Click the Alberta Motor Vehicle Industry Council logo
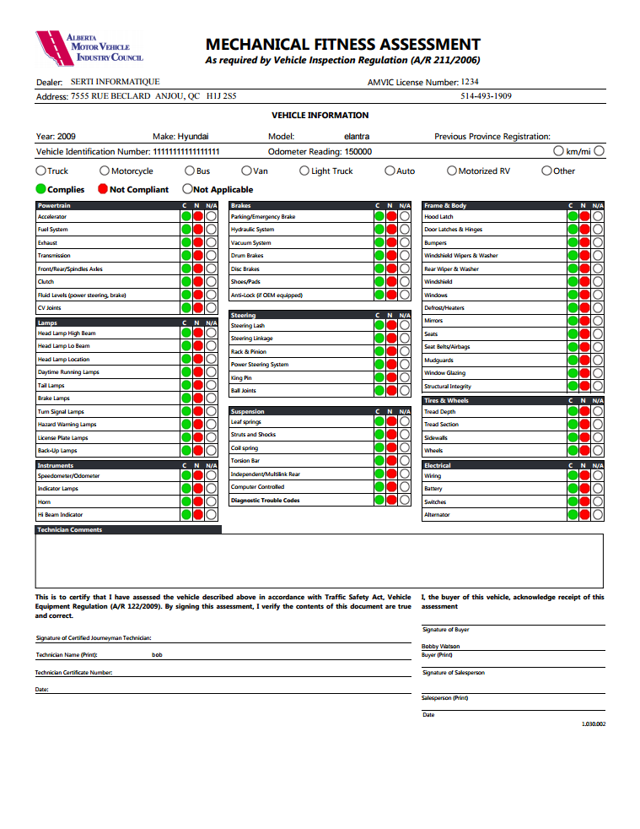89,46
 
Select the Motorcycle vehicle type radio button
105,171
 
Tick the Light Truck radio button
304,171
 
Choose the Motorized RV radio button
451,171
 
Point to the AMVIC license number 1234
470,82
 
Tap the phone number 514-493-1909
486,96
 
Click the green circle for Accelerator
186,217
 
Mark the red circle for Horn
198,502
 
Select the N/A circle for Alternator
598,515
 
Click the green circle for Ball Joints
379,391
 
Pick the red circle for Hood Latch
585,217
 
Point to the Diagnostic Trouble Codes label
265,501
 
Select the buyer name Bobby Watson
441,647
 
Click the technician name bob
157,655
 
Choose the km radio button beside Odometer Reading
559,151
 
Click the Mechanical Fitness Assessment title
342,45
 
